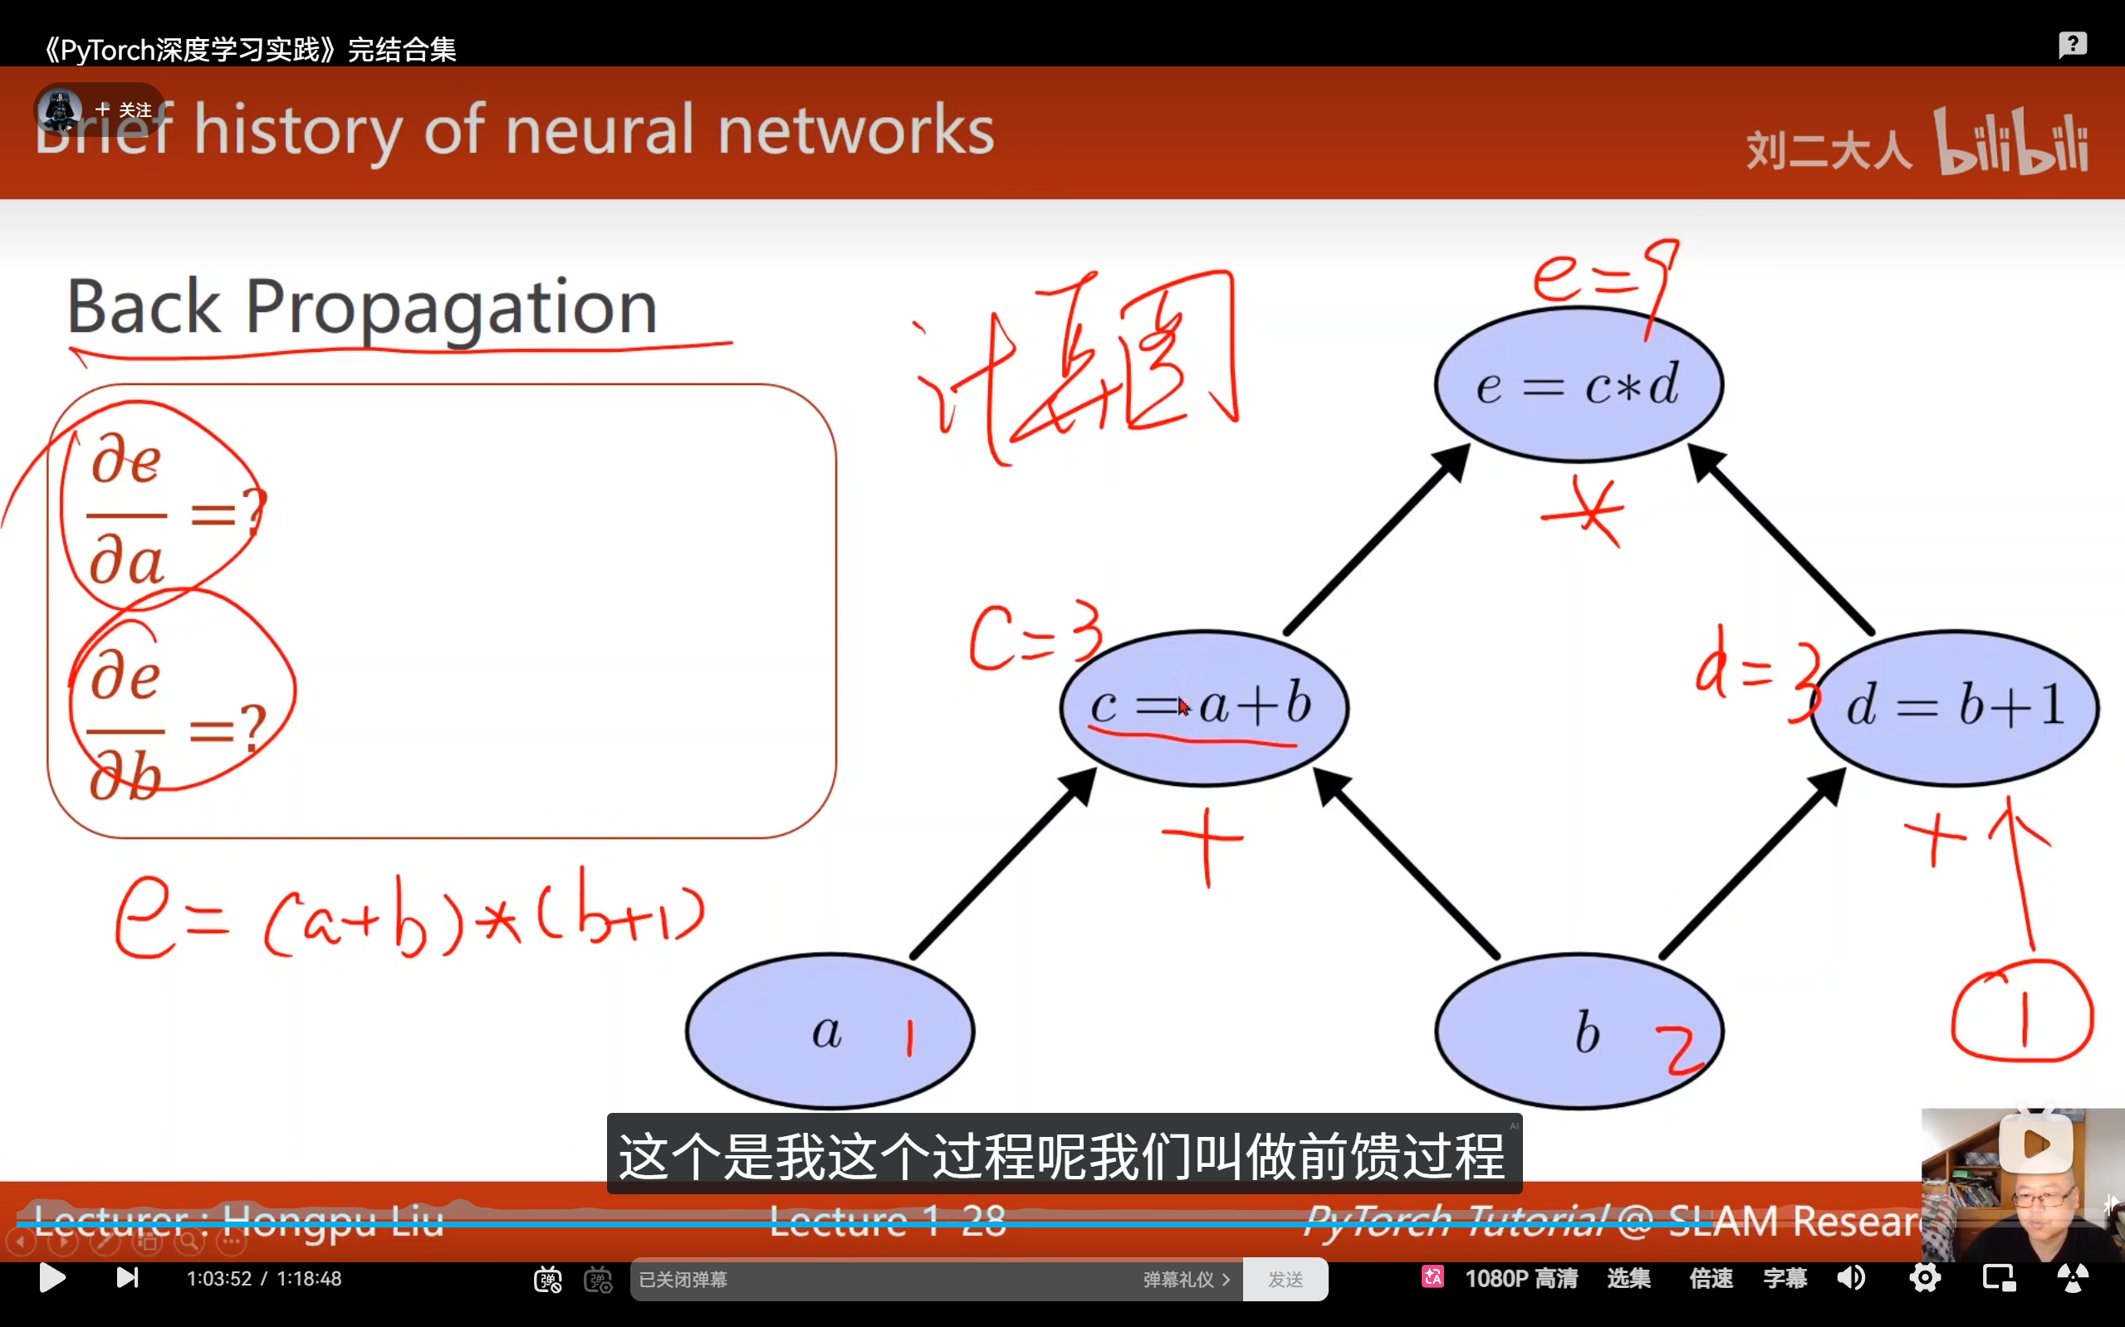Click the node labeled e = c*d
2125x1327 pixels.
click(1578, 384)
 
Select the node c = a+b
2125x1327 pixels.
click(1203, 706)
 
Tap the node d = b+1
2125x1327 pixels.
click(1955, 706)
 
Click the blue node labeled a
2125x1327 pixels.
click(829, 1032)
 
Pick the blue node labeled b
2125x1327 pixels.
click(1578, 1032)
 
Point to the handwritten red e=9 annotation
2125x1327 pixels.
click(1605, 276)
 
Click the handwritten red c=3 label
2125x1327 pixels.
click(1035, 637)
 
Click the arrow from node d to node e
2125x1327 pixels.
click(1783, 539)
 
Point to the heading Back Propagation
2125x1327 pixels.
click(362, 307)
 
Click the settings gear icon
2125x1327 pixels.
click(1924, 1278)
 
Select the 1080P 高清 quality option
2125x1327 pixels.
click(1520, 1278)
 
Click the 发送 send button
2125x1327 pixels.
click(1285, 1280)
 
